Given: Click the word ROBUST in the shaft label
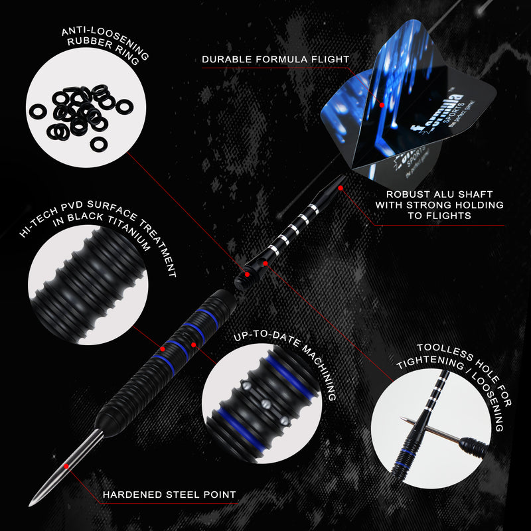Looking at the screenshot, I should (409, 194).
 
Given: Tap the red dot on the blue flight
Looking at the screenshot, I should (382, 104).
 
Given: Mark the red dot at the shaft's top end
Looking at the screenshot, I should (341, 188).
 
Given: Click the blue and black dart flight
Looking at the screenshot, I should (378, 123).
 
